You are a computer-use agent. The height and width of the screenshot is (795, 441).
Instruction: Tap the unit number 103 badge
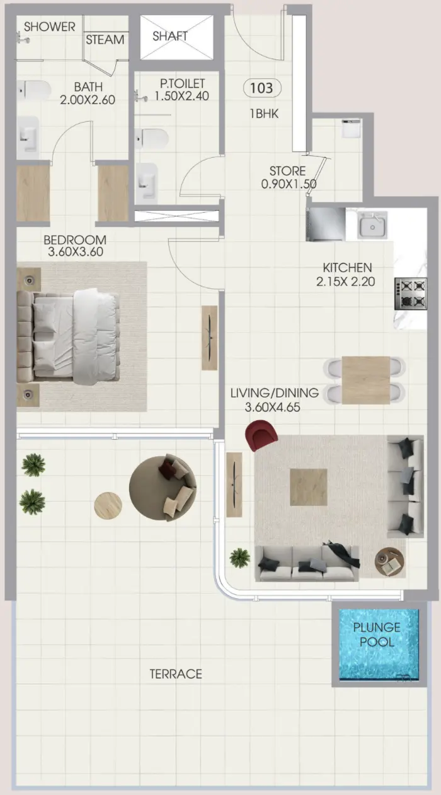(x=261, y=88)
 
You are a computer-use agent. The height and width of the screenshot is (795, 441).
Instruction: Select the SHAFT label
(x=170, y=36)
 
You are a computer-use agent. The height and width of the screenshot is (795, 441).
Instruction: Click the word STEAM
(x=105, y=39)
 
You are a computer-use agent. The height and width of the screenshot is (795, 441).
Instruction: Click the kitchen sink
(x=373, y=224)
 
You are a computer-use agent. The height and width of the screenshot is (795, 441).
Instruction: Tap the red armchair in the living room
(x=261, y=435)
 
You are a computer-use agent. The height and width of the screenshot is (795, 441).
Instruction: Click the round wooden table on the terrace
(x=108, y=505)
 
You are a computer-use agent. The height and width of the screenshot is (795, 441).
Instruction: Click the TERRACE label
(x=176, y=674)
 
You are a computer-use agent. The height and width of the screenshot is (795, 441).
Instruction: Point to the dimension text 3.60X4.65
(x=272, y=408)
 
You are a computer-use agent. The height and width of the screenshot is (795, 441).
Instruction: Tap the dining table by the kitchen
(x=365, y=380)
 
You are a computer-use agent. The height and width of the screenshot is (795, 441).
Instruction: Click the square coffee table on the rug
(x=309, y=487)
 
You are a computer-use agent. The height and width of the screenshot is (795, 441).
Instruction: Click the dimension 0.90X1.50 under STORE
(x=289, y=184)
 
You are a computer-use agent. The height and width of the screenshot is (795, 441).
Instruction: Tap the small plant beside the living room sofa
(x=239, y=557)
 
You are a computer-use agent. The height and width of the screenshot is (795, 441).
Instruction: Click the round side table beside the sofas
(x=389, y=562)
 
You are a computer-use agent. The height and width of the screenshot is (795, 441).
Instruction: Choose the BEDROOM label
(x=75, y=240)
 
